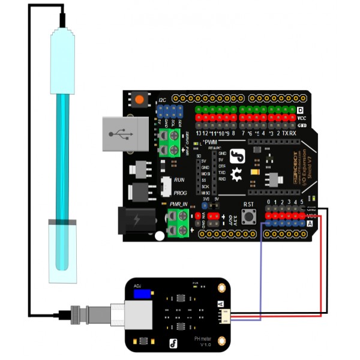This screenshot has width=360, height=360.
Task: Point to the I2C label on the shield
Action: (161, 100)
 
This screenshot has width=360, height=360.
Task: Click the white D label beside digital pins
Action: (301, 110)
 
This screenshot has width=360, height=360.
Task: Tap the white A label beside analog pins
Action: (310, 223)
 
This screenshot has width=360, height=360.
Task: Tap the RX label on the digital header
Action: (292, 133)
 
